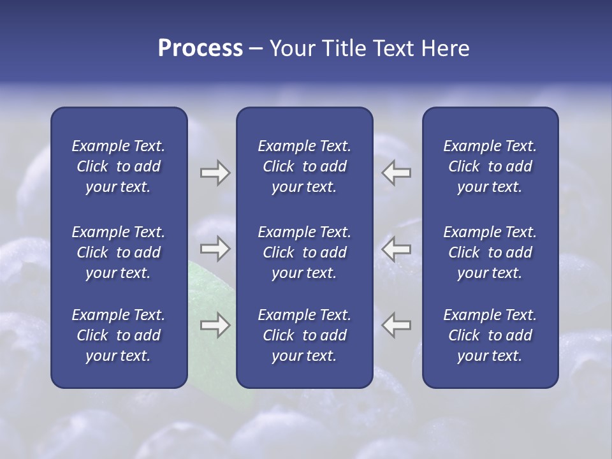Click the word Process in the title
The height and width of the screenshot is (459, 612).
(200, 48)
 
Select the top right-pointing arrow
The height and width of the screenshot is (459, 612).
(215, 173)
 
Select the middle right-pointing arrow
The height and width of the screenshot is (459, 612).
(215, 249)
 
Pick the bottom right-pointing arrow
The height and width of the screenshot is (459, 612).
(215, 325)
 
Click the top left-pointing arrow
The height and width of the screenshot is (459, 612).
(397, 173)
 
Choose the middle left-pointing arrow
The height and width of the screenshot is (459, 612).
(397, 249)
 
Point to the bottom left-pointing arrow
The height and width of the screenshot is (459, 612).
(397, 325)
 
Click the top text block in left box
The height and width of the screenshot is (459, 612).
(119, 166)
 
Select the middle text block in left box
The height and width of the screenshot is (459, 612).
(119, 252)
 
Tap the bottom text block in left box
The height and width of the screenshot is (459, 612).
(119, 335)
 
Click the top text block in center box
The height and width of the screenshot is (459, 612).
(304, 166)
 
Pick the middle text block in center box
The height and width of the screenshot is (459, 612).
(304, 252)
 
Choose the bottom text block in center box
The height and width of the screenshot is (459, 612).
(304, 335)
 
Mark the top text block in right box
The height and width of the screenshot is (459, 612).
(490, 166)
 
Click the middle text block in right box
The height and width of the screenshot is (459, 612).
(490, 252)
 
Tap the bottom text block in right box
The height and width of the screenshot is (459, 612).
(490, 335)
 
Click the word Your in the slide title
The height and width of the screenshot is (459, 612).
(290, 48)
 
